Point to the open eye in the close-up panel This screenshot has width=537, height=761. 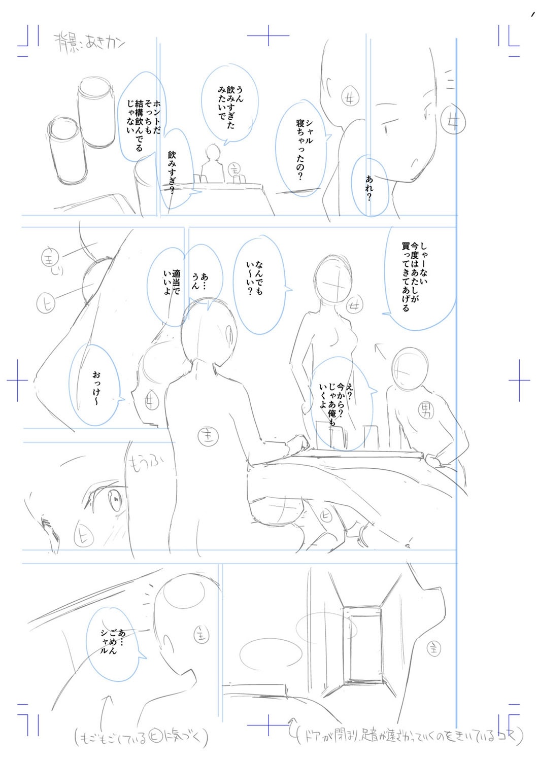click(x=114, y=502)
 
